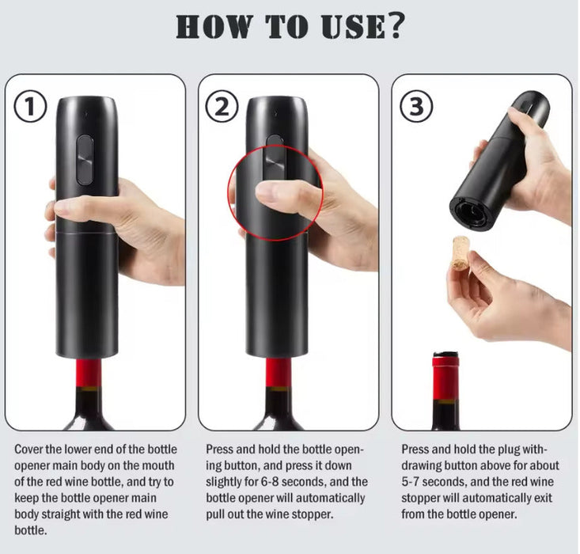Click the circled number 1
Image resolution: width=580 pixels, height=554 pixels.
tap(30, 106)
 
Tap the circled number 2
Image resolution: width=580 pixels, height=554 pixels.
tap(222, 106)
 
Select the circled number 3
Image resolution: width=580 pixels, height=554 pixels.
tap(416, 106)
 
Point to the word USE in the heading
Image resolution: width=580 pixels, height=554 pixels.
tap(353, 26)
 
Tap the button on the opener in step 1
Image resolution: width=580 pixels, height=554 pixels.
tap(85, 160)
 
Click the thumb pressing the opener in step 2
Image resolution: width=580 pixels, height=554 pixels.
tap(285, 194)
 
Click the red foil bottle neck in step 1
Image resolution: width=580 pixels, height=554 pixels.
tap(89, 373)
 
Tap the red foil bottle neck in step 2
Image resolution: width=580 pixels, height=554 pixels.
tap(278, 373)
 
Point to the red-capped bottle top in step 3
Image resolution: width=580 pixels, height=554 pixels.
tap(445, 376)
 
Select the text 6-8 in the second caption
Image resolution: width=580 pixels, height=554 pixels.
tap(270, 482)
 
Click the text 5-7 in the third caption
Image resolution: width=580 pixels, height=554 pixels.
tap(410, 482)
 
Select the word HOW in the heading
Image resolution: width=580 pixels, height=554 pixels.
tap(212, 26)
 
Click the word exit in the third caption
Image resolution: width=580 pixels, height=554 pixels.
tap(543, 498)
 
